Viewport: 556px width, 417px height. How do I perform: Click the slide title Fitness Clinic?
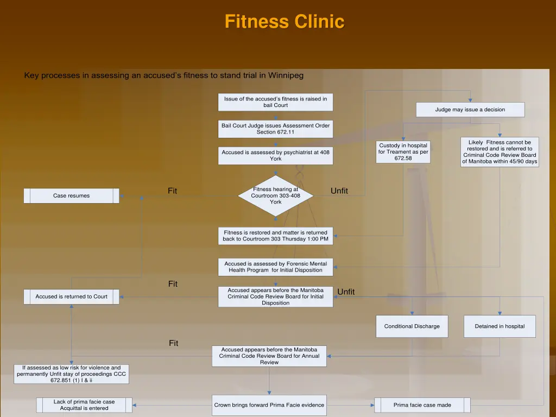click(x=284, y=22)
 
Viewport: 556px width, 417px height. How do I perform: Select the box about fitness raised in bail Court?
click(x=276, y=102)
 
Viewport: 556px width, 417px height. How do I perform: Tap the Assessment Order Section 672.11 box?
click(x=276, y=129)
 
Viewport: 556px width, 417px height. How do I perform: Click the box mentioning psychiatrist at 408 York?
click(x=276, y=155)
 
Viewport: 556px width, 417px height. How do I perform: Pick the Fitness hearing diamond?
click(x=276, y=195)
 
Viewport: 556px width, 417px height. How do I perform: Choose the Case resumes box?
click(x=71, y=195)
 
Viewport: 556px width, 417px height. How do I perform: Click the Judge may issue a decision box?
click(x=470, y=110)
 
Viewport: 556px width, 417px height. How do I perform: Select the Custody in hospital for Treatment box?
click(x=403, y=152)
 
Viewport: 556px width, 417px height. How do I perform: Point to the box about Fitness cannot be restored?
click(x=500, y=152)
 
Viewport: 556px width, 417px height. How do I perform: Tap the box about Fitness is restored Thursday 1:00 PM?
click(x=276, y=236)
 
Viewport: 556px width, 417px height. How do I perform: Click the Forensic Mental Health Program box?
click(x=276, y=267)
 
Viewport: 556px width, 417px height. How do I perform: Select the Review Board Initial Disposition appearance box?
click(x=276, y=296)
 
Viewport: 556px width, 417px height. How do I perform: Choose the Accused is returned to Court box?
click(x=71, y=296)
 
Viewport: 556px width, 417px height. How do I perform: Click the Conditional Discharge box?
click(x=412, y=326)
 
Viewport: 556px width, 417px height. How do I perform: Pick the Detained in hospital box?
click(x=500, y=326)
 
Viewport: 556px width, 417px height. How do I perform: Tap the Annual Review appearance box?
click(x=269, y=356)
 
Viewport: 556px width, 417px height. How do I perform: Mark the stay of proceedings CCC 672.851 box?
click(x=71, y=374)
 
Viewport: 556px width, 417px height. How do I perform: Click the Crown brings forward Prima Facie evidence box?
click(x=269, y=405)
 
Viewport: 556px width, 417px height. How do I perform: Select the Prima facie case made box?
click(x=422, y=405)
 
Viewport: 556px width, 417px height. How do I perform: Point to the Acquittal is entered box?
click(x=84, y=405)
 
